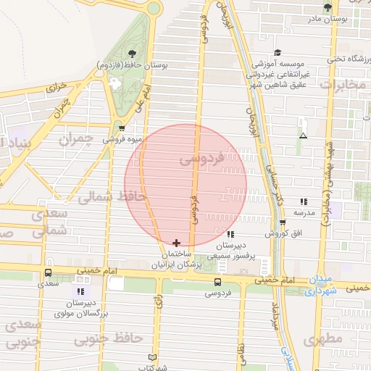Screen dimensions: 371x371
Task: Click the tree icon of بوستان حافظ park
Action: (x=131, y=54)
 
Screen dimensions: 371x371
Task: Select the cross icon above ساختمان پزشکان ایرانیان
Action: (x=177, y=243)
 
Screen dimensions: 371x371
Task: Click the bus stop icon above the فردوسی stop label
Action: (x=218, y=282)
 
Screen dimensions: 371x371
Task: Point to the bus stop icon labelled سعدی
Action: (x=48, y=273)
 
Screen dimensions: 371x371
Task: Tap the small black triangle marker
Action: (x=303, y=136)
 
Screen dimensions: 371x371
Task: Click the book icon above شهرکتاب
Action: (x=151, y=357)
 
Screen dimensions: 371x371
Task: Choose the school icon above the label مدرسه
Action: (x=303, y=202)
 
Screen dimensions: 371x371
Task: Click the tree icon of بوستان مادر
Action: (x=328, y=7)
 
